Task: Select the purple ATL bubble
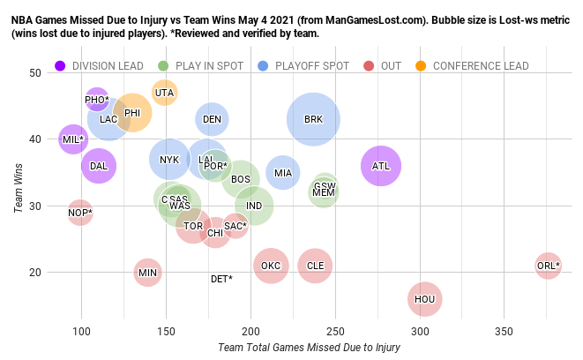[x=381, y=166]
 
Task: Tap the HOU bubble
[x=425, y=300]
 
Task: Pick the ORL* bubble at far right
[x=548, y=266]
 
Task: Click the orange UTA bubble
[x=165, y=93]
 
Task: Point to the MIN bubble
[x=148, y=273]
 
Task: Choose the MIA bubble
[x=282, y=173]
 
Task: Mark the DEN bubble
[x=212, y=119]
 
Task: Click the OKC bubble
[x=271, y=266]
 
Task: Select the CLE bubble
[x=315, y=266]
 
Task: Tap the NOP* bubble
[x=80, y=213]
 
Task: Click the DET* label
[x=221, y=279]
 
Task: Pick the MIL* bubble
[x=73, y=139]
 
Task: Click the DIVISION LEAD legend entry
[x=96, y=65]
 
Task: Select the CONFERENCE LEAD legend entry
[x=472, y=65]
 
